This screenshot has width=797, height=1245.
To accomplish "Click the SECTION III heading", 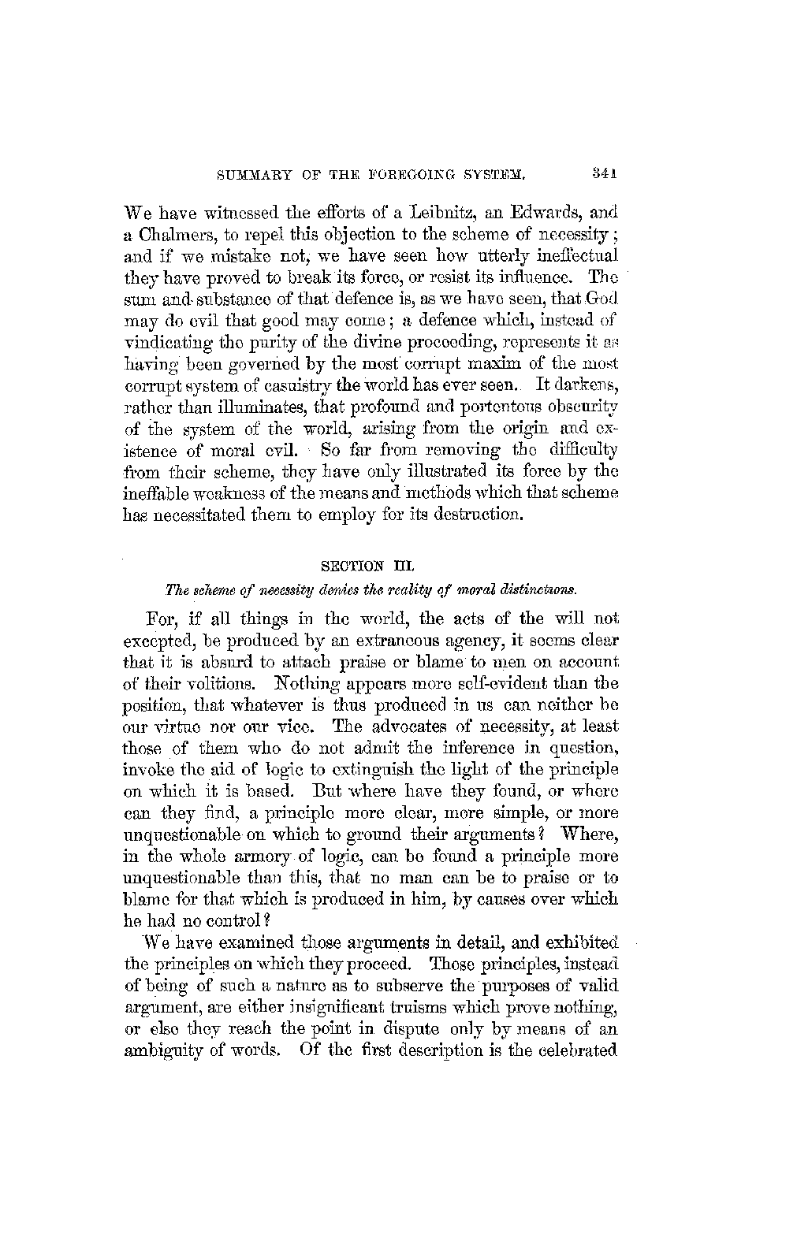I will point(370,564).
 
